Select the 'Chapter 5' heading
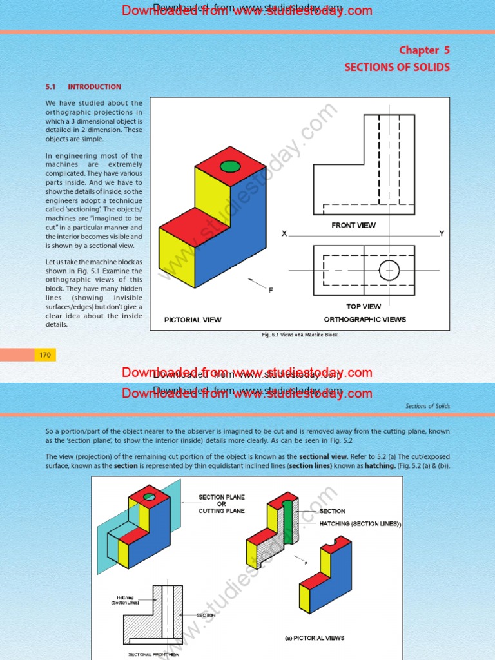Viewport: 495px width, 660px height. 424,50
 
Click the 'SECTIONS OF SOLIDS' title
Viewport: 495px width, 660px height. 397,67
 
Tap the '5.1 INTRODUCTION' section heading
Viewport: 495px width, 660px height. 83,86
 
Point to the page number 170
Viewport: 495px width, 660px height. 45,355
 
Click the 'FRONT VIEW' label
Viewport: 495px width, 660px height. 353,226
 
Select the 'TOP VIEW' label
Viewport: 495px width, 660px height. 364,307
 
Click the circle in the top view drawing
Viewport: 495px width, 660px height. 389,270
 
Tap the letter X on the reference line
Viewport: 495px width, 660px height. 284,234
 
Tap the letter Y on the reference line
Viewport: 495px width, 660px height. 442,233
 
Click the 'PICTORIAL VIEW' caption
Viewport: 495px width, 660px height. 193,320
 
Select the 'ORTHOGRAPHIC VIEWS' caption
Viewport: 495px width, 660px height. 365,320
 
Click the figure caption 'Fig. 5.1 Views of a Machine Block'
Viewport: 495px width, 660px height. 299,335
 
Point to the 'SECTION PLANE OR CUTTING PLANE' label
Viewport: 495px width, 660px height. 221,504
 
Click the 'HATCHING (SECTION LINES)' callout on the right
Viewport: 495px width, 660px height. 360,524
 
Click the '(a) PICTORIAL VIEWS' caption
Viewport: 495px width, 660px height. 315,638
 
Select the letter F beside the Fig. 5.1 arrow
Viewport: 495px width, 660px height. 271,291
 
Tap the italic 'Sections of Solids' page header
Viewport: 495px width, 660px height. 428,406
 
